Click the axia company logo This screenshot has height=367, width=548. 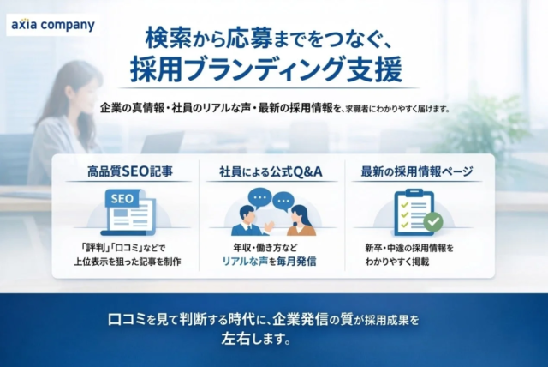[x=52, y=25]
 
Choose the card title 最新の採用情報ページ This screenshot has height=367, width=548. [x=418, y=171]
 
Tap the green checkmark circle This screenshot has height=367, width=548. [x=434, y=222]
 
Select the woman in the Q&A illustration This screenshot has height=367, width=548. [x=300, y=220]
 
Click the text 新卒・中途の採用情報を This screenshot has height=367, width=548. [x=408, y=247]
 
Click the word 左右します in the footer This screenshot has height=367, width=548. [x=257, y=338]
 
